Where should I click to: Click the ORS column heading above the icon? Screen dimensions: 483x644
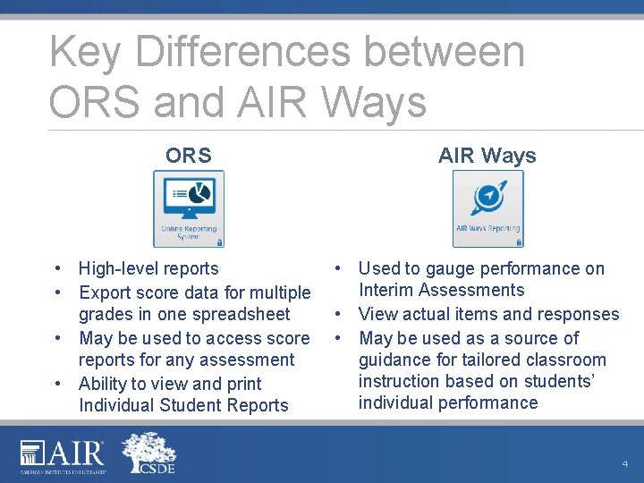188,156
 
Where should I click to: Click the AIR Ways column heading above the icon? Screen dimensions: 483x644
487,156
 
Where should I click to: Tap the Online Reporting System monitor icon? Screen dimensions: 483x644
189,208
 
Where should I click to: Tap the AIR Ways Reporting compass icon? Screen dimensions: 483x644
487,208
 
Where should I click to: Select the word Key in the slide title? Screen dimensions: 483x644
82,52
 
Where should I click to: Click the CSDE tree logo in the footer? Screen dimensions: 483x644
148,453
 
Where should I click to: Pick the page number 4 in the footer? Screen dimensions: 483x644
624,463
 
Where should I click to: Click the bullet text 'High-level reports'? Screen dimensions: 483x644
148,268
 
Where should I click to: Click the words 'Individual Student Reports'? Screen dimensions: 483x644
183,405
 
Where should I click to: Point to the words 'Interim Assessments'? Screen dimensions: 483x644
441,290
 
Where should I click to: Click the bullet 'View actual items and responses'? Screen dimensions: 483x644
488,314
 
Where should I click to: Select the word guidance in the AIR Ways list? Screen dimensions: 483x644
394,360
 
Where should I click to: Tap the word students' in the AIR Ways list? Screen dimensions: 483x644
569,382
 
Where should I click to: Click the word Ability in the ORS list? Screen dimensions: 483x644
104,384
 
